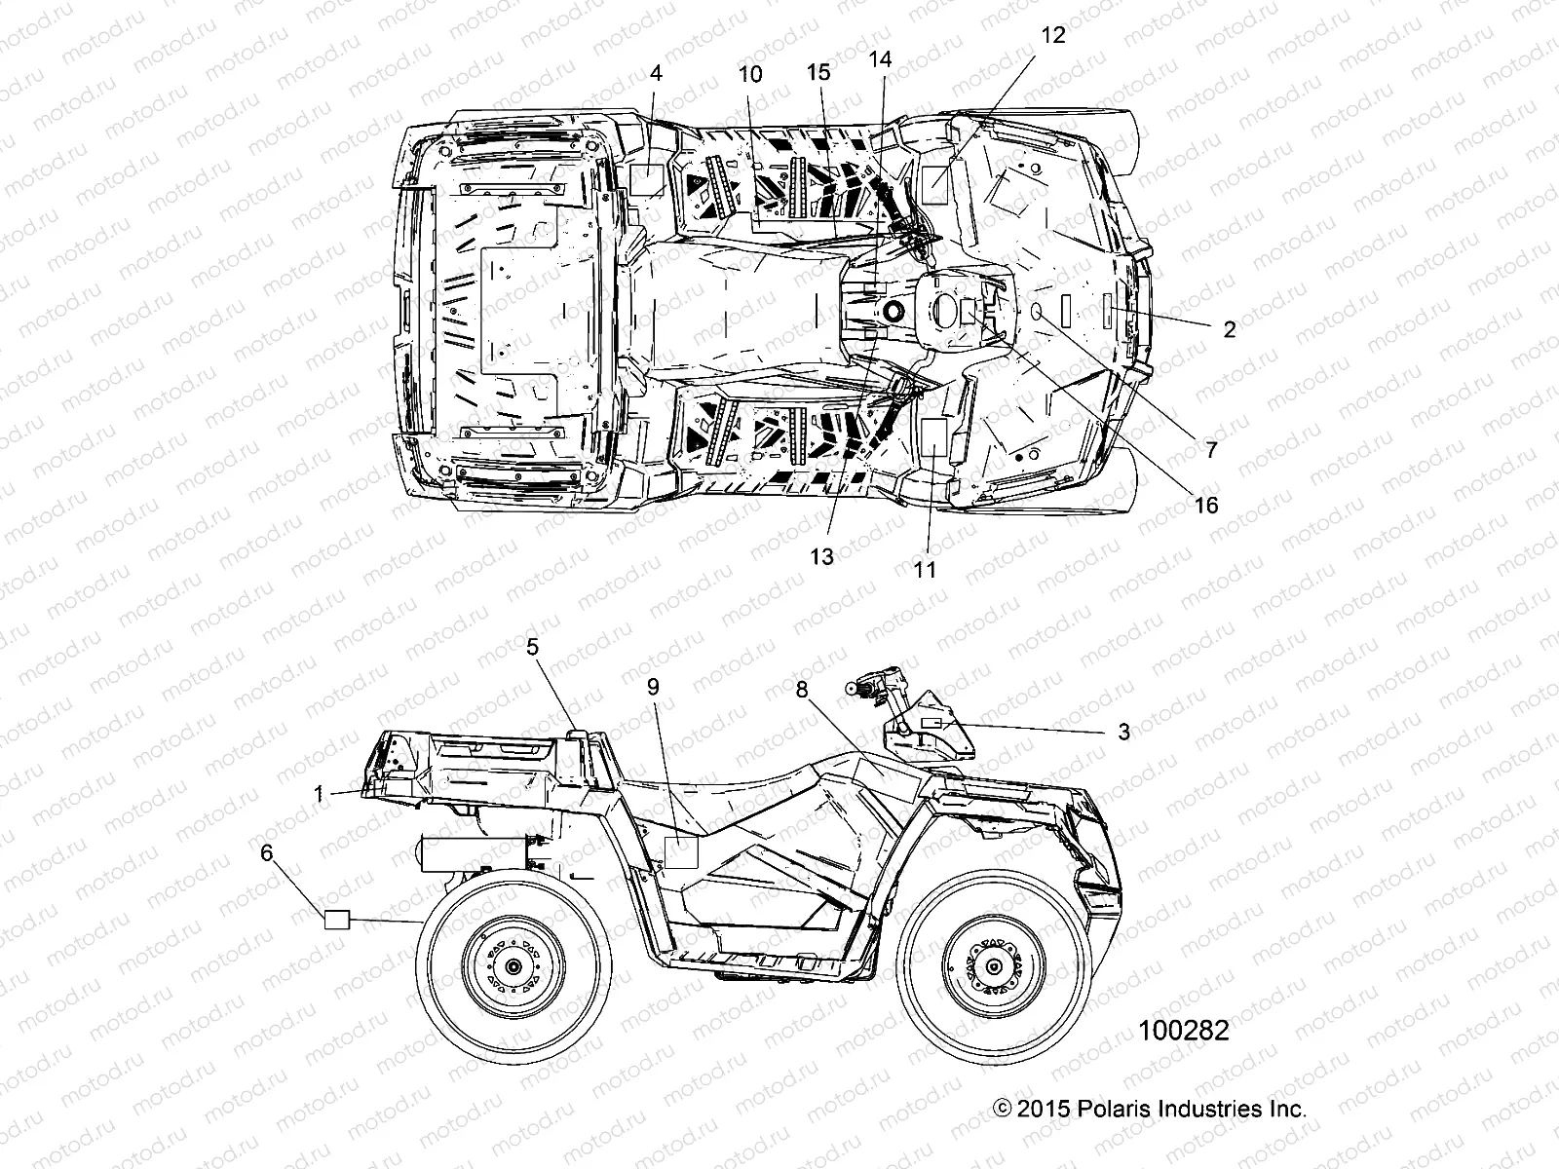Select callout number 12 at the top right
[1053, 36]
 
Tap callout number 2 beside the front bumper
[1229, 329]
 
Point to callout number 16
[1206, 505]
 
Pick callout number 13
[822, 556]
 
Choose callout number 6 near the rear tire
[266, 853]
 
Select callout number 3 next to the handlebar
[1123, 732]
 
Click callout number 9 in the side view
[653, 687]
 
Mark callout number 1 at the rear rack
[318, 794]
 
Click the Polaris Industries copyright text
[1149, 1109]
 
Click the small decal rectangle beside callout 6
[336, 919]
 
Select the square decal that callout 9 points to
[681, 852]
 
